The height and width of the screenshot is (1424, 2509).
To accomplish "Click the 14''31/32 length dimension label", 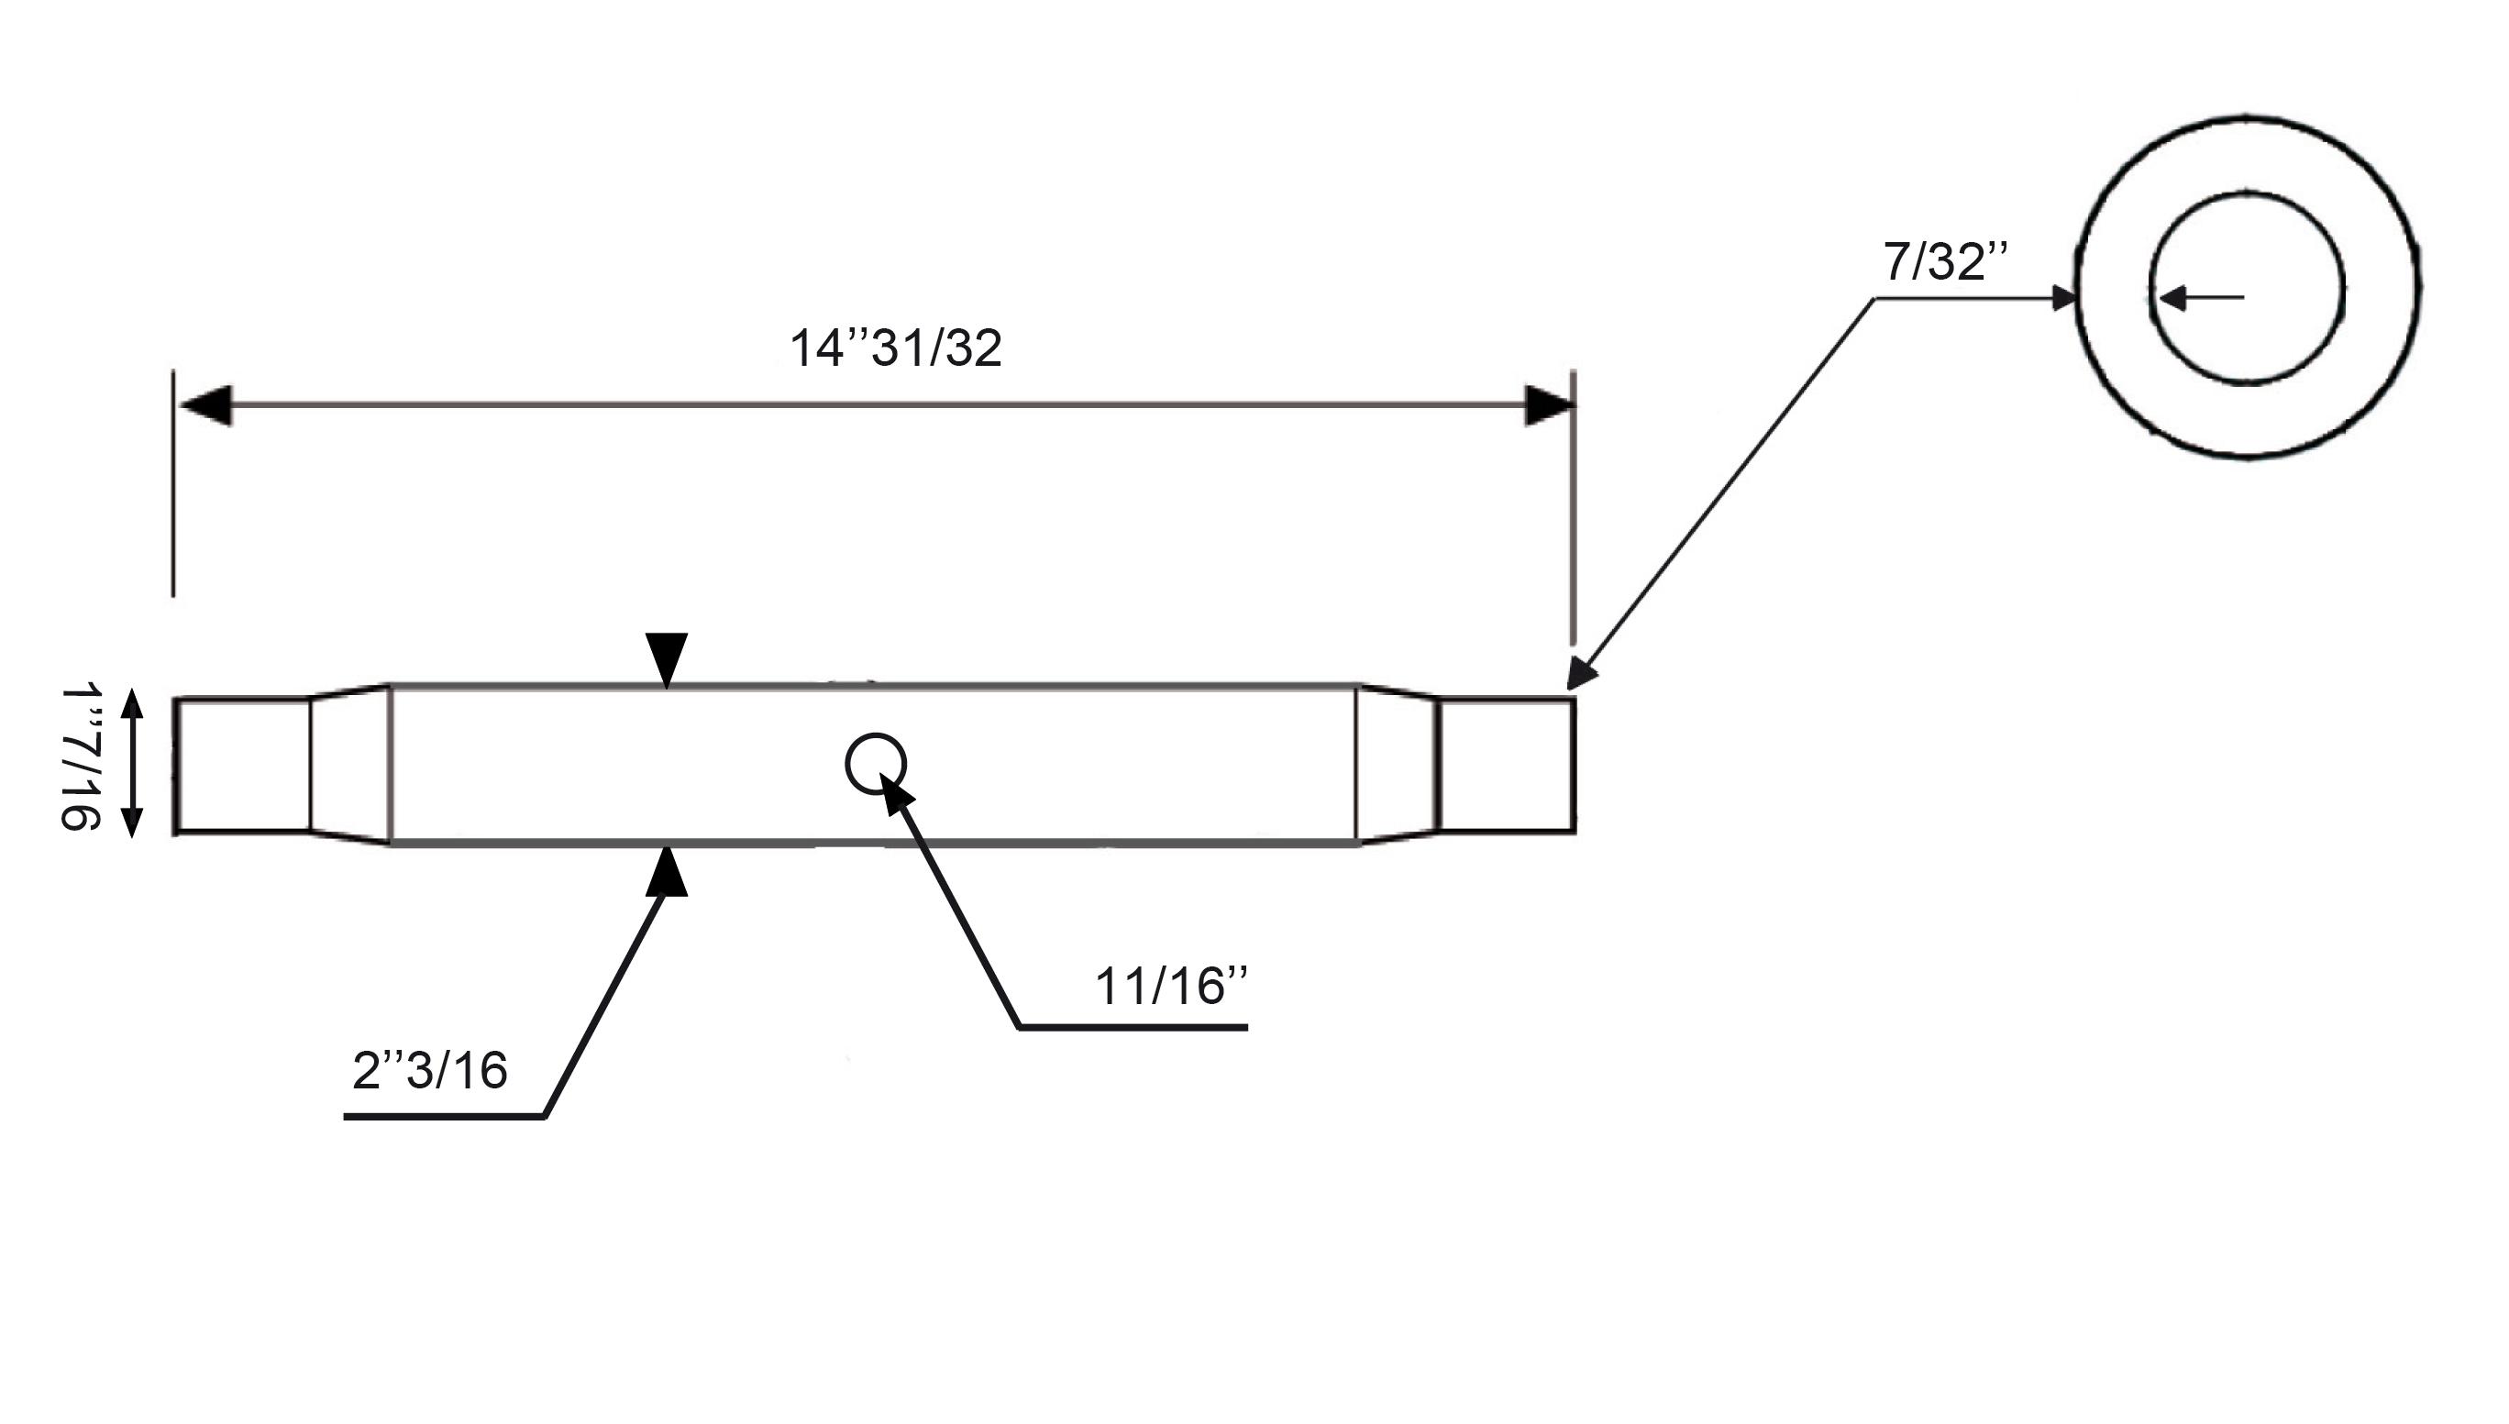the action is click(x=895, y=348).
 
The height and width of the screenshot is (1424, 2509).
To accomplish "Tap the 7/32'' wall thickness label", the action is click(x=1946, y=261).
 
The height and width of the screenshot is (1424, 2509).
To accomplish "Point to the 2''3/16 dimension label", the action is click(x=429, y=1070).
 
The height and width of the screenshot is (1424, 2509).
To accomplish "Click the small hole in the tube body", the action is click(x=876, y=764).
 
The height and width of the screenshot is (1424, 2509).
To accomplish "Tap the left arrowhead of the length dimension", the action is click(x=205, y=406).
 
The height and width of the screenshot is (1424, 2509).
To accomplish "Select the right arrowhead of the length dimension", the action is click(x=1550, y=406).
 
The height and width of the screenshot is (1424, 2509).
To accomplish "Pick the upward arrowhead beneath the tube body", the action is click(x=666, y=870).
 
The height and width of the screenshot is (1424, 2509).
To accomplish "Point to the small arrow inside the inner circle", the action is click(x=2200, y=297).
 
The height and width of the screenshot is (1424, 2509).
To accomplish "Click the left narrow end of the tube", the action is click(x=243, y=766).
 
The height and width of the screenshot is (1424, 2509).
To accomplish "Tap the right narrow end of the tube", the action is click(x=1507, y=766).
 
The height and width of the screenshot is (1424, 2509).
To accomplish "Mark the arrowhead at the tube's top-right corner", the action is click(x=1581, y=674).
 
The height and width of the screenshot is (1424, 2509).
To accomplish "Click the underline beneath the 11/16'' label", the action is click(x=1133, y=1028).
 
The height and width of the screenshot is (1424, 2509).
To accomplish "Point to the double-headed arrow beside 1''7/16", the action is click(x=132, y=764).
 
